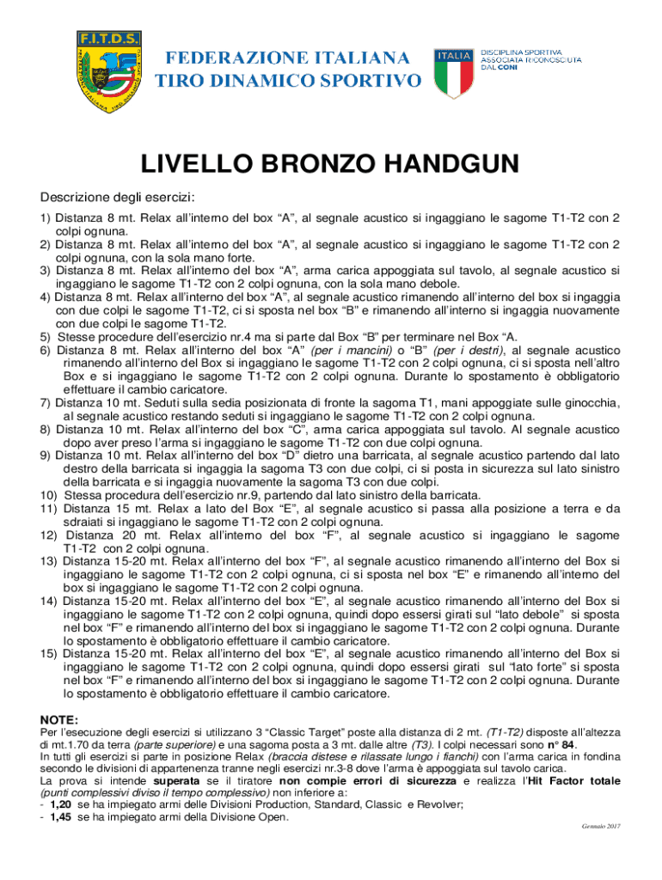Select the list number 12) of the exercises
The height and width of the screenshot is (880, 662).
click(50, 535)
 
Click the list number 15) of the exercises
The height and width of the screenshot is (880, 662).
click(50, 653)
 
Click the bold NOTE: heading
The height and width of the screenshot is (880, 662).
click(59, 719)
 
